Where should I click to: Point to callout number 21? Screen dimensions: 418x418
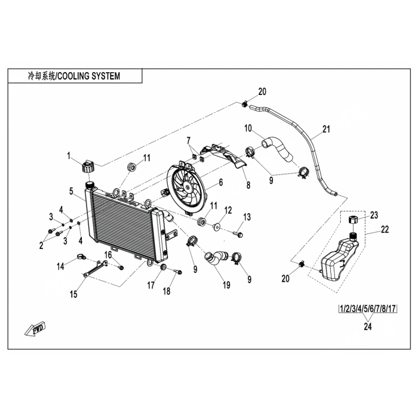pyautogui.click(x=325, y=129)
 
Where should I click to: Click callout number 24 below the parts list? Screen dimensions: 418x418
pyautogui.click(x=368, y=326)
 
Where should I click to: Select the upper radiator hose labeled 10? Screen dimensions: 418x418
pyautogui.click(x=276, y=148)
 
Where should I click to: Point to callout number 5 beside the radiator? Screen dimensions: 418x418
pyautogui.click(x=71, y=192)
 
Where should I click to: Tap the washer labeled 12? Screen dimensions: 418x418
pyautogui.click(x=217, y=226)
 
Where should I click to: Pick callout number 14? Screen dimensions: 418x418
pyautogui.click(x=60, y=266)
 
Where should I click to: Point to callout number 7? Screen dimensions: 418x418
pyautogui.click(x=189, y=140)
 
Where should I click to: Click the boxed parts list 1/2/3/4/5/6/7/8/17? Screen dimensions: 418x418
pyautogui.click(x=368, y=309)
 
